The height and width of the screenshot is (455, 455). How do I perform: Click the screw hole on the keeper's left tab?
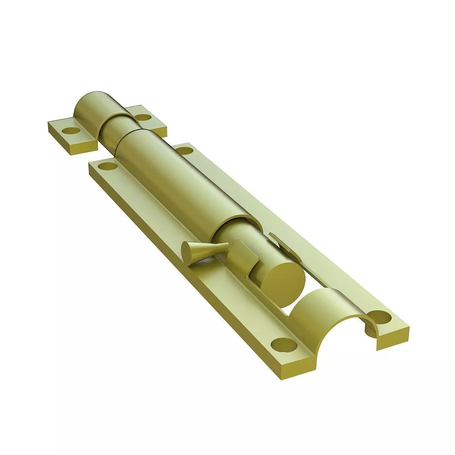point(71,131)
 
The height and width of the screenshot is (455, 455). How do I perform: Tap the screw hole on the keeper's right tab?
point(143,117)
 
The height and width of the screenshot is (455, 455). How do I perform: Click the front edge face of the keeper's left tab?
point(72,148)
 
